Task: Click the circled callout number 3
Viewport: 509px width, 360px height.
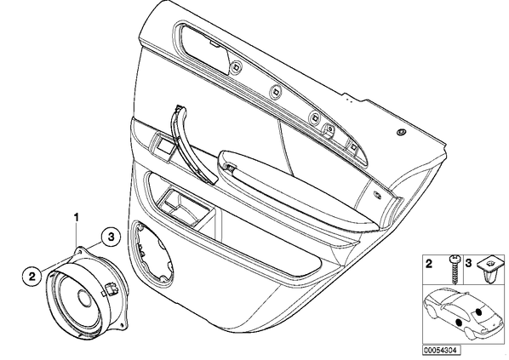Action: [x=111, y=237]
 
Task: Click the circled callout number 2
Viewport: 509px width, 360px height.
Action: [x=31, y=277]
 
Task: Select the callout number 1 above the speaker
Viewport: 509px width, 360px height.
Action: [x=77, y=217]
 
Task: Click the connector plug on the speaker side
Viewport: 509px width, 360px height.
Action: [x=111, y=289]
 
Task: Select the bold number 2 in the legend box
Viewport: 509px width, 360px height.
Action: [x=429, y=264]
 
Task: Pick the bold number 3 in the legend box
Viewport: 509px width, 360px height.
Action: [x=468, y=263]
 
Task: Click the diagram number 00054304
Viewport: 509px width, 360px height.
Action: [x=441, y=351]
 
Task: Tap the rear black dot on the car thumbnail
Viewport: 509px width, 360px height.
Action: [x=478, y=312]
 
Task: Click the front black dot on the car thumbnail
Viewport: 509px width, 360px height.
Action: [x=459, y=323]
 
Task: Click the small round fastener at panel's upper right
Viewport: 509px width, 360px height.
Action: [x=403, y=132]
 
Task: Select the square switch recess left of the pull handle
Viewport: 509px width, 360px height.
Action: [x=164, y=145]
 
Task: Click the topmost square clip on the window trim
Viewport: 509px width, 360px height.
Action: [x=234, y=66]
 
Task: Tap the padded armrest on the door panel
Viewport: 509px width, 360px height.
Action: [x=299, y=188]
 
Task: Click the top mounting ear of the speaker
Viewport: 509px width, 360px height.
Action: [x=79, y=251]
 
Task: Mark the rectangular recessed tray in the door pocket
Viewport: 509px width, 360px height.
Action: [x=183, y=207]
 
